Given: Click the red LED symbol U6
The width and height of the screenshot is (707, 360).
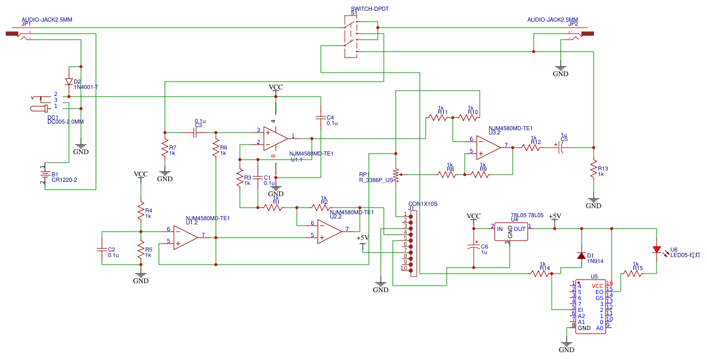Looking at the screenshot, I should point(657,250).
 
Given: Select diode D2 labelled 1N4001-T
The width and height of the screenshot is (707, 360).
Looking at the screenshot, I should point(68,82).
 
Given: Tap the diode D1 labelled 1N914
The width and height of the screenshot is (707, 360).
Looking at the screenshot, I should point(580,256).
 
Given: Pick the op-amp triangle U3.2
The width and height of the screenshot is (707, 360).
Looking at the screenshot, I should point(488,146).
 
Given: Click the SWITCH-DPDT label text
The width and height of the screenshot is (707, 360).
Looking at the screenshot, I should point(366,10).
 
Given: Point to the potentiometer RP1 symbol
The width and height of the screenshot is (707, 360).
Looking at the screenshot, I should point(396,175).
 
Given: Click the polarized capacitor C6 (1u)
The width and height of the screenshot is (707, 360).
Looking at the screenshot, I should point(474,247).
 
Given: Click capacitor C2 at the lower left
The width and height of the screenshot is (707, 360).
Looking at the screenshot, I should point(102,250).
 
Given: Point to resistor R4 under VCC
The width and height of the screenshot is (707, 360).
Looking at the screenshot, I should point(141,211).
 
